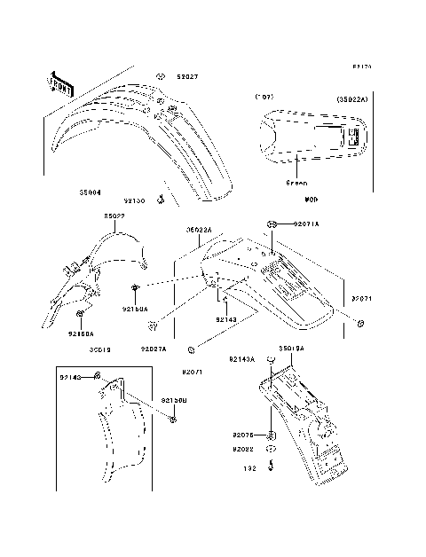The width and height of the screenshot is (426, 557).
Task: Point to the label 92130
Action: coord(135,201)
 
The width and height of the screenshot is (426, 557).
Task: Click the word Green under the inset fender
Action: coord(296,183)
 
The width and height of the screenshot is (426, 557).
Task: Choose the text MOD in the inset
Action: coord(311,200)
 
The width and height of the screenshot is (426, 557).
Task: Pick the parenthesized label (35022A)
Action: coord(352,98)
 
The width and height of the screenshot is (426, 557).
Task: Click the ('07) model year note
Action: coord(263,96)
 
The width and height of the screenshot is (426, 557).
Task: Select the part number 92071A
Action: coord(304,224)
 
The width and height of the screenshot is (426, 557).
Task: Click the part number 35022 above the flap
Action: coord(114,216)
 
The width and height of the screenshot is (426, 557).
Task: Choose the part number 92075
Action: coord(244,435)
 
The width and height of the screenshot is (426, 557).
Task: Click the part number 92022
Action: coord(244,449)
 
